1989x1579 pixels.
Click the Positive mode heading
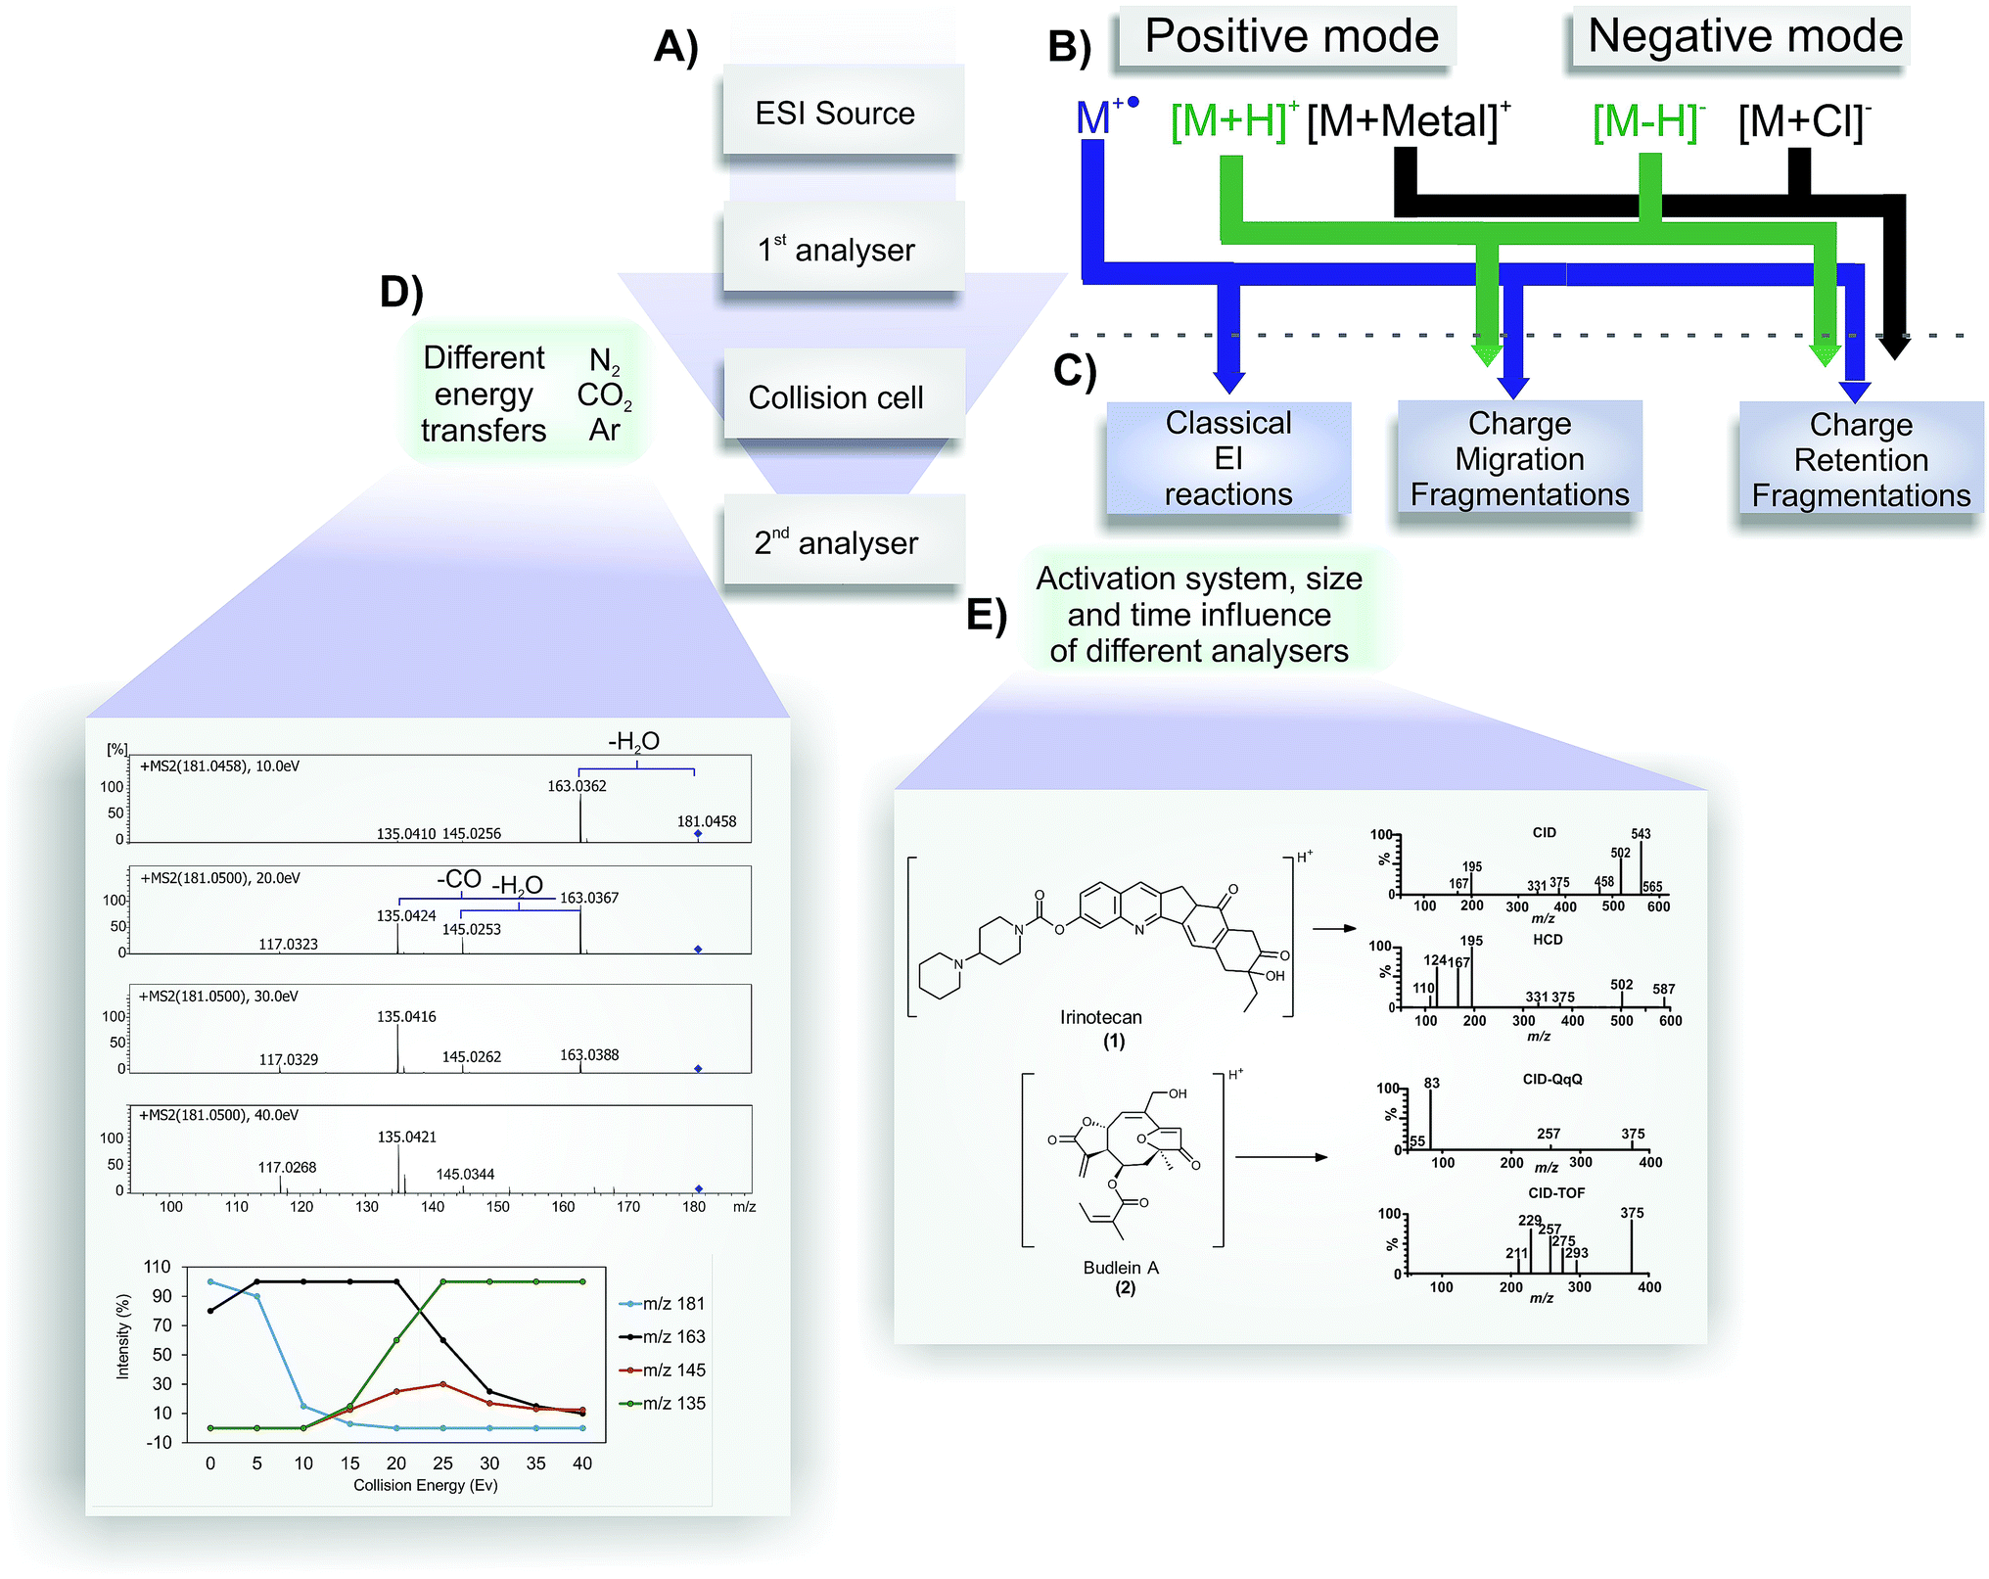[x=1290, y=36]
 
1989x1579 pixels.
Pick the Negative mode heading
[x=1743, y=36]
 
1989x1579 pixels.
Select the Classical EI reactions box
[x=1227, y=458]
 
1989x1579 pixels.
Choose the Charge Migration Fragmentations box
[x=1518, y=458]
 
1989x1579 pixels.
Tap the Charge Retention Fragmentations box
[x=1860, y=459]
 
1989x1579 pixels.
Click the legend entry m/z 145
[x=672, y=1370]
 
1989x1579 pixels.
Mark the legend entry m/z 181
[x=672, y=1303]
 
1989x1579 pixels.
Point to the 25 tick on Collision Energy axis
[x=442, y=1463]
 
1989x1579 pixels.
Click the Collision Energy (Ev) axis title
[x=425, y=1485]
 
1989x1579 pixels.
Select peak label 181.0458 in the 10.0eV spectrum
[x=706, y=820]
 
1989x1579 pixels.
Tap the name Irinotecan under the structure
[x=1100, y=1017]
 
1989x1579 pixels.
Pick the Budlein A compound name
[x=1120, y=1267]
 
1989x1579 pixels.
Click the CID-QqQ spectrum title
[x=1551, y=1079]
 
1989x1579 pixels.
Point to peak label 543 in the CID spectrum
[x=1640, y=834]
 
